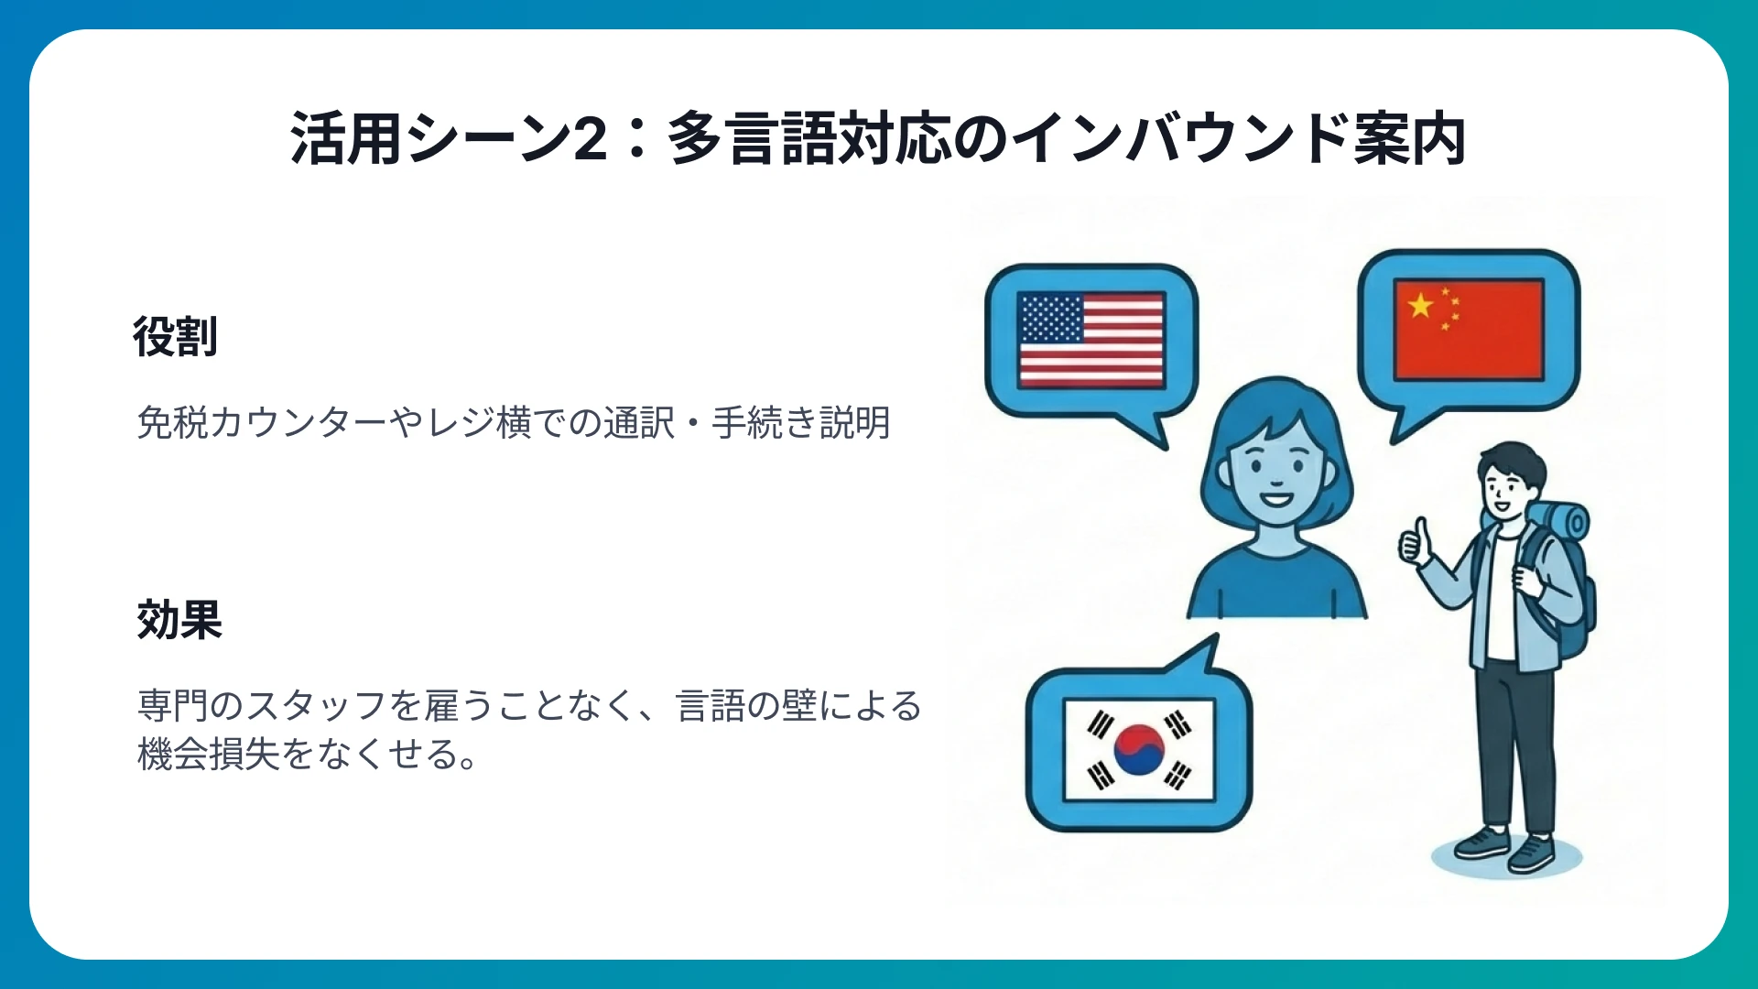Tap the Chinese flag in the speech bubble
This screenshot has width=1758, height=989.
(1468, 330)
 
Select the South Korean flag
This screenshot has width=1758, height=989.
(1139, 750)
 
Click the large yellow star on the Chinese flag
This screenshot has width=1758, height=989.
(1420, 304)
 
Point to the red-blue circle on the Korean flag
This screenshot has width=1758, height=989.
(1139, 749)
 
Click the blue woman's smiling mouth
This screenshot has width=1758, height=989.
(1275, 500)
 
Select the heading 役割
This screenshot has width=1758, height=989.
(175, 337)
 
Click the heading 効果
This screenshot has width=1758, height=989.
(179, 620)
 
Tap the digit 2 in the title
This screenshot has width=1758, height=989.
(591, 139)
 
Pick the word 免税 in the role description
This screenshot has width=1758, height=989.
(173, 423)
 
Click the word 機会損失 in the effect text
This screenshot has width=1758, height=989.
(209, 755)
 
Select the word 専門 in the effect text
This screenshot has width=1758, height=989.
(173, 706)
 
